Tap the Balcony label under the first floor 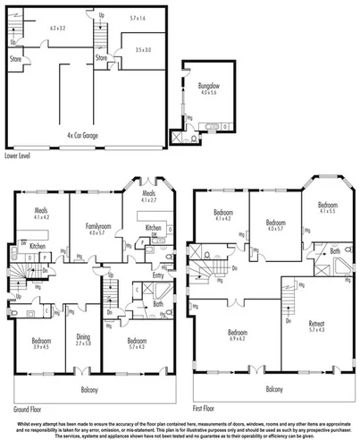pyautogui.click(x=275, y=388)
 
